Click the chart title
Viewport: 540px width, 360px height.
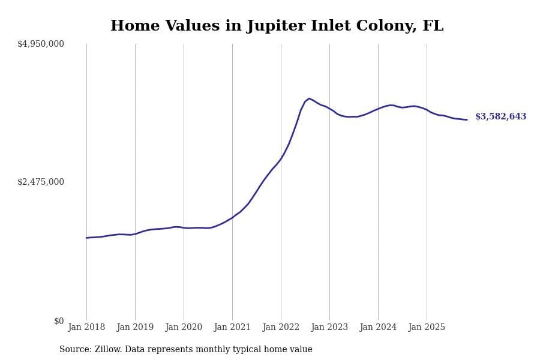pyautogui.click(x=277, y=26)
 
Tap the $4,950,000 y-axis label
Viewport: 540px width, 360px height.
pyautogui.click(x=41, y=44)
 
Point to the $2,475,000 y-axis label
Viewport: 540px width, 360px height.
pyautogui.click(x=41, y=182)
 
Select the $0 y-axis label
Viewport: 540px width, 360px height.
pyautogui.click(x=59, y=321)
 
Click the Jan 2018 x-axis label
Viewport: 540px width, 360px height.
pyautogui.click(x=86, y=328)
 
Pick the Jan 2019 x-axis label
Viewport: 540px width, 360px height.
pyautogui.click(x=135, y=328)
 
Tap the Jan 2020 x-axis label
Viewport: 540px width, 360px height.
pyautogui.click(x=184, y=328)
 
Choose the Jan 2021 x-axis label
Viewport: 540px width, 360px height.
pyautogui.click(x=232, y=328)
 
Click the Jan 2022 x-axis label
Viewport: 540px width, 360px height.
pyautogui.click(x=281, y=328)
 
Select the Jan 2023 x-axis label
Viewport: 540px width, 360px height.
pyautogui.click(x=329, y=328)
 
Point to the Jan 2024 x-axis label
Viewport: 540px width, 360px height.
pyautogui.click(x=378, y=328)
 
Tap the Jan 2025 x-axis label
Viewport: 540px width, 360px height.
pyautogui.click(x=427, y=328)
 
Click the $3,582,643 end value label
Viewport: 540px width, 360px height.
pyautogui.click(x=500, y=117)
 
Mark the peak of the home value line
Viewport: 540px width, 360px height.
pyautogui.click(x=309, y=98)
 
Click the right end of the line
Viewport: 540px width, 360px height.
pyautogui.click(x=467, y=119)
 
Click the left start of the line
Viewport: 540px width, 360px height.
pyautogui.click(x=86, y=238)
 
